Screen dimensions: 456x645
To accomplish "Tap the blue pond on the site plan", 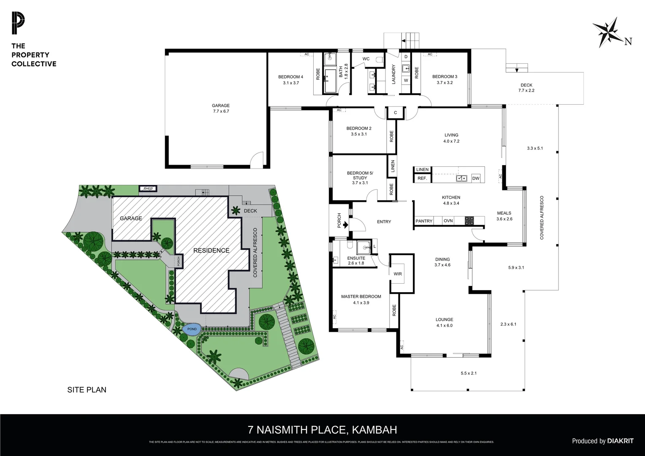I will click(x=192, y=329).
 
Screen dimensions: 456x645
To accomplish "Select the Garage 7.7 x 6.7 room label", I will click(x=221, y=109).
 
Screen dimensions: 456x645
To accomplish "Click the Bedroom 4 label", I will click(x=290, y=80).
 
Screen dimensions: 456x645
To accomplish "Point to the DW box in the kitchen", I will click(x=476, y=178).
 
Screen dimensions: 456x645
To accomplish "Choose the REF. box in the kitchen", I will click(x=422, y=178).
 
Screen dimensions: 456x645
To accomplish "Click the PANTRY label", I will click(x=424, y=221).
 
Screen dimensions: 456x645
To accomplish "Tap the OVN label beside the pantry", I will click(x=448, y=221).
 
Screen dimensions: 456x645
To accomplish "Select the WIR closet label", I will click(x=398, y=274).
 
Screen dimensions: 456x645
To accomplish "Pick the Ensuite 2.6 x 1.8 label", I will click(x=356, y=261).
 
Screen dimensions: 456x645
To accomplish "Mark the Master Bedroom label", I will click(x=361, y=299).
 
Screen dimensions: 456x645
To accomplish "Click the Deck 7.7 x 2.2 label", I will click(x=526, y=87).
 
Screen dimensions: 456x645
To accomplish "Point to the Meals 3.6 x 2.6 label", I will click(x=504, y=216).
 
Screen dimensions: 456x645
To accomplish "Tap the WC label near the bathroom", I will click(x=366, y=59).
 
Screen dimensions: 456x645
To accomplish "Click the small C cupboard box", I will click(x=396, y=113).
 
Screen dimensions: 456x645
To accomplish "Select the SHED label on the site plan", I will click(x=148, y=189).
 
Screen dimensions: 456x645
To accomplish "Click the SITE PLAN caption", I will click(x=87, y=390).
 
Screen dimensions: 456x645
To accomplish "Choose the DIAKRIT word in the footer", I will click(x=621, y=441).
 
